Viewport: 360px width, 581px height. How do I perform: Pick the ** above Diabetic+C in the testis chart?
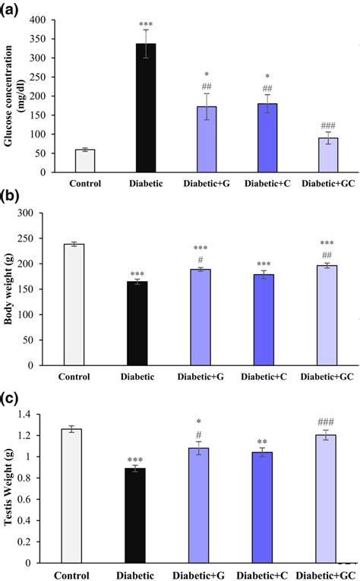[261, 441]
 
